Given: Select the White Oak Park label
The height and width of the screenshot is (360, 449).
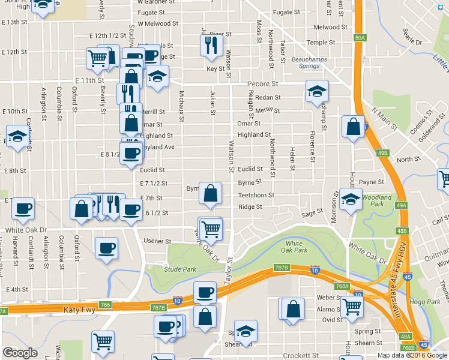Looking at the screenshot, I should click(294, 246).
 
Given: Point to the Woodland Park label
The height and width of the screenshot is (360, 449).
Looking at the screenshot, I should click(376, 200).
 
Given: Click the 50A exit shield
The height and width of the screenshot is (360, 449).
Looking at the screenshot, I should click(360, 37).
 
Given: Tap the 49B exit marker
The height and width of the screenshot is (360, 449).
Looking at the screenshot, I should click(383, 153).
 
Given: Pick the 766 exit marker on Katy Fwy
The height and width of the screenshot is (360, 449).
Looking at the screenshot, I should click(106, 305).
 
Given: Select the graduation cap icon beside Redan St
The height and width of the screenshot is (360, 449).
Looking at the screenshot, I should click(317, 91).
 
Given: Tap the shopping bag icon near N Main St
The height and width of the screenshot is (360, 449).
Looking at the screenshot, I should click(353, 127).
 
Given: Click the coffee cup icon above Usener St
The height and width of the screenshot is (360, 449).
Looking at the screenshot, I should click(106, 248).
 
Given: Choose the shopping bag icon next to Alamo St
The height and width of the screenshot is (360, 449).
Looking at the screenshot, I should click(294, 310).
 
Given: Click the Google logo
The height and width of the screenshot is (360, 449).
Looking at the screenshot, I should click(20, 353).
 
